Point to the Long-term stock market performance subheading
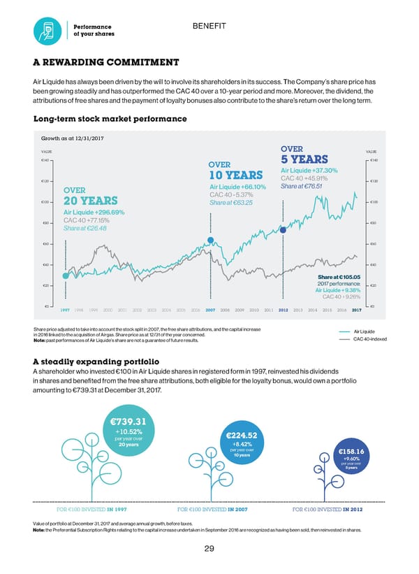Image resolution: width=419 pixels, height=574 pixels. click(110, 119)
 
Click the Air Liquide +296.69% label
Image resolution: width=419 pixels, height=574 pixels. click(94, 213)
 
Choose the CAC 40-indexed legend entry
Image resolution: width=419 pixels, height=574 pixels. click(369, 340)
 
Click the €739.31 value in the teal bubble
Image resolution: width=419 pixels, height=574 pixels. click(127, 421)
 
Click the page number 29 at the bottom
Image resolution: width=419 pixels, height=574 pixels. click(209, 549)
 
